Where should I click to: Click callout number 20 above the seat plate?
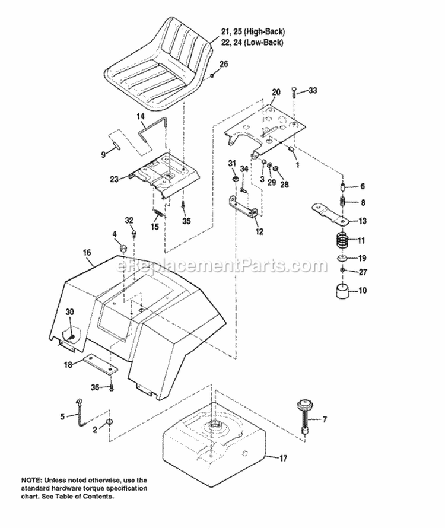[275, 92]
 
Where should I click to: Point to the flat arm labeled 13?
[331, 214]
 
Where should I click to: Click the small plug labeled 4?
[125, 247]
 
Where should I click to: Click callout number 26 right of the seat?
[223, 64]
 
